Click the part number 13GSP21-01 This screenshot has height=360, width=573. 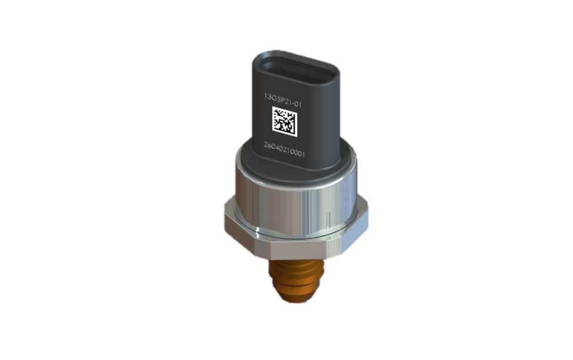[x=283, y=100]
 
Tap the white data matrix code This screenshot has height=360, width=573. [x=284, y=122]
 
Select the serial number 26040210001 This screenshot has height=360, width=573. [x=284, y=149]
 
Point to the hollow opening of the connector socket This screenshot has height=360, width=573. [x=296, y=73]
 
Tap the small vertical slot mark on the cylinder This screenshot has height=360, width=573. [x=329, y=218]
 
